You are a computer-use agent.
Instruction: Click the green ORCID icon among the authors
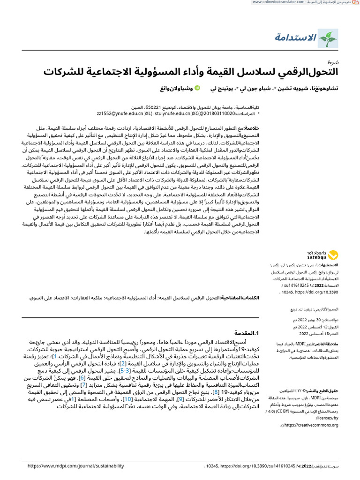[x=197, y=88]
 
